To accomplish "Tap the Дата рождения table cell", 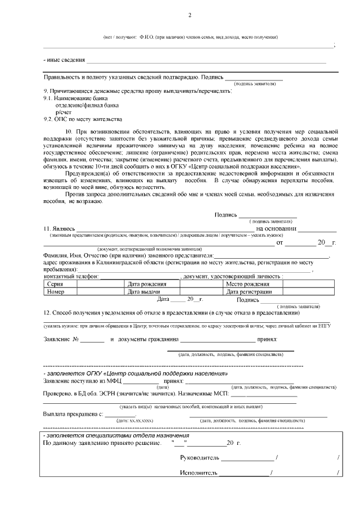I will click(x=147, y=285).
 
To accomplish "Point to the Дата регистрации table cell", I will click(x=249, y=292).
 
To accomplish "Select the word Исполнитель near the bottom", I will click(x=199, y=473).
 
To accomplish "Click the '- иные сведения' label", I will click(x=64, y=60).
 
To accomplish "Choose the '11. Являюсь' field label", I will click(x=59, y=229).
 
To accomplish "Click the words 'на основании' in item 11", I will click(x=276, y=229).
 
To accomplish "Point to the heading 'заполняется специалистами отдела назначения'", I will click(x=118, y=436).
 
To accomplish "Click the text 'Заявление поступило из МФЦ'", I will click(x=84, y=381).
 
